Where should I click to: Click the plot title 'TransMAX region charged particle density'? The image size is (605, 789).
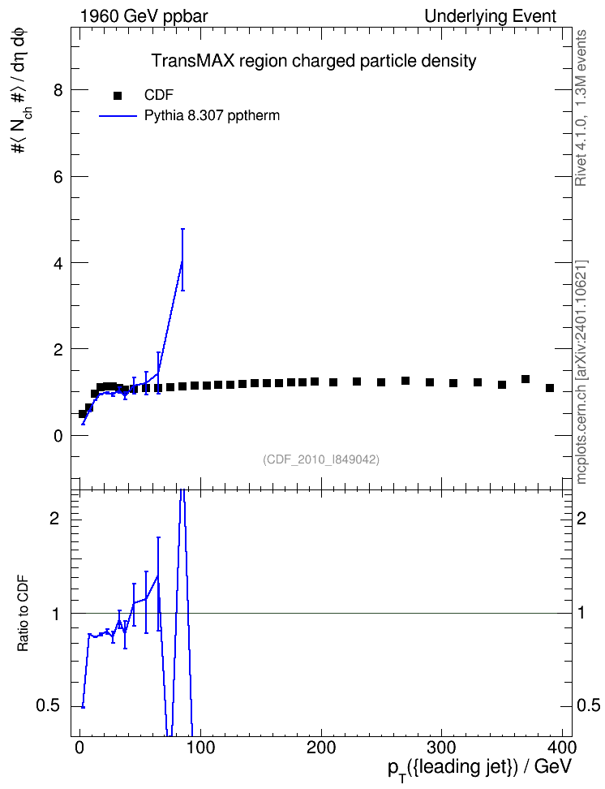(314, 61)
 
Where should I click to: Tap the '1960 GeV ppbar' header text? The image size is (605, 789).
(144, 16)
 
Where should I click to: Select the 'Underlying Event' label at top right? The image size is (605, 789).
(491, 16)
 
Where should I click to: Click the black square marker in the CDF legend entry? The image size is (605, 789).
(118, 96)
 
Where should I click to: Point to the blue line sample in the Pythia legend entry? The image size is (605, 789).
(118, 116)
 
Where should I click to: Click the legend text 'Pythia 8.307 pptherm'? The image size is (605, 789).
(212, 116)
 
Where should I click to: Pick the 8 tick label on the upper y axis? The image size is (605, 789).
(58, 91)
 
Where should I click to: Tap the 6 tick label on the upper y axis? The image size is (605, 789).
(58, 177)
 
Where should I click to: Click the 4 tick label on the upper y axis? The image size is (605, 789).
(58, 263)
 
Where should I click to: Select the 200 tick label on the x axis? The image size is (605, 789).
(321, 747)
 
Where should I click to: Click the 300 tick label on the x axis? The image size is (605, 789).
(441, 747)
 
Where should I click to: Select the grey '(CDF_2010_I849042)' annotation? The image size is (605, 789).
(321, 459)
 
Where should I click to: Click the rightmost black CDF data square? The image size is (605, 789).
(550, 388)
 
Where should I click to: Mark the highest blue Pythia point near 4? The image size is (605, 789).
(182, 260)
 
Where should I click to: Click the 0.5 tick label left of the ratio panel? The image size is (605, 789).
(48, 706)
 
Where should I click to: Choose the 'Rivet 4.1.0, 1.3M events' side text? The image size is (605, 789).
(581, 108)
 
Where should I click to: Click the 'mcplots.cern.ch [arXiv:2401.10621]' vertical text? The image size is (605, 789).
(581, 372)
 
